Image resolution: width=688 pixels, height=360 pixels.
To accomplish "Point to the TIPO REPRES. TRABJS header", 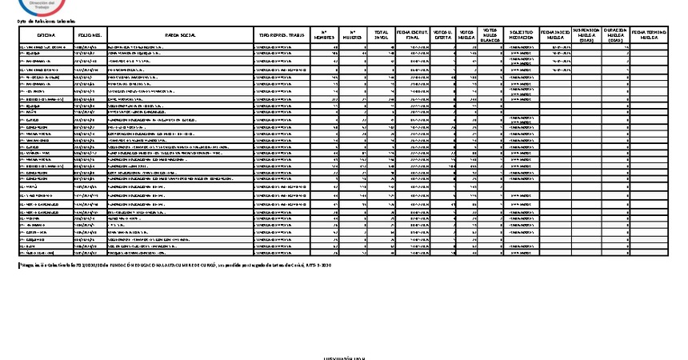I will (280, 36).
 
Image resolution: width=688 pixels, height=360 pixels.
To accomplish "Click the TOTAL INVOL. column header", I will (382, 36).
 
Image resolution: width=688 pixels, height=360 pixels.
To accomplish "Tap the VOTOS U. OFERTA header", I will (442, 36).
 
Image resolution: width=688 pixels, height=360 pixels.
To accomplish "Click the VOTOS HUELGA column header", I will (466, 36).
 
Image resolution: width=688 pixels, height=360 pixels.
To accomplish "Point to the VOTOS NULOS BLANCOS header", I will (490, 35).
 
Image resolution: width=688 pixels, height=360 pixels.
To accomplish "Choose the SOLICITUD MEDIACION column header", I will (521, 36).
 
